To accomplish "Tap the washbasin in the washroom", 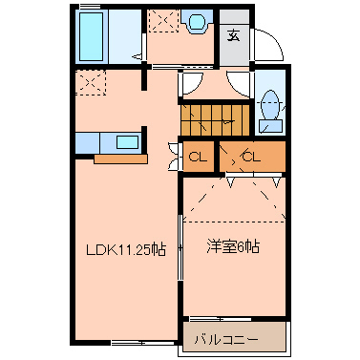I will click(199, 21).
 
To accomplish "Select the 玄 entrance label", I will click(234, 37).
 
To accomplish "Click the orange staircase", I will click(214, 119).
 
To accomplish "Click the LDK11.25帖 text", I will click(126, 250).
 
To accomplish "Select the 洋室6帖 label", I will click(234, 246).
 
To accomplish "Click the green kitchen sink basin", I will click(127, 142).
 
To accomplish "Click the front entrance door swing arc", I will click(268, 46).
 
